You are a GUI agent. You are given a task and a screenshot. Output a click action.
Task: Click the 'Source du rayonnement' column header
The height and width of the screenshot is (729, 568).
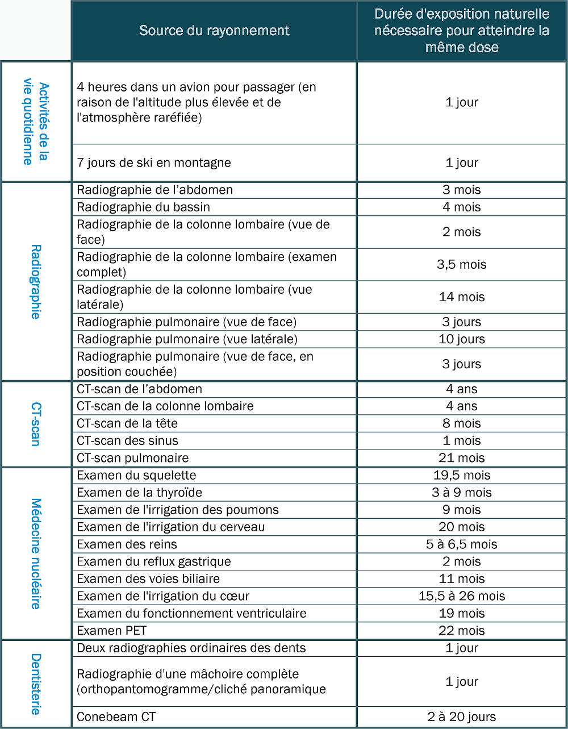pyautogui.click(x=214, y=31)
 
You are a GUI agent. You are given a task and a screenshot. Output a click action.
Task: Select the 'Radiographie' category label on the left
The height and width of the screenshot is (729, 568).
pyautogui.click(x=36, y=281)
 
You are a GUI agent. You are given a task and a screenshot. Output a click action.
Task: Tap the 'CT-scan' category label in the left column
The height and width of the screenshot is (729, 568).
pyautogui.click(x=36, y=424)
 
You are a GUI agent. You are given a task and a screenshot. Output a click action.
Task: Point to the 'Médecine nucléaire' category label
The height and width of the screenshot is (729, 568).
pyautogui.click(x=36, y=553)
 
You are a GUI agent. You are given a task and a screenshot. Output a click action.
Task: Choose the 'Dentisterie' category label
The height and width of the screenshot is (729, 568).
pyautogui.click(x=36, y=684)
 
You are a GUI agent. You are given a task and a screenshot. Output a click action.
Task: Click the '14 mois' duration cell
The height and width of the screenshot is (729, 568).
pyautogui.click(x=461, y=297)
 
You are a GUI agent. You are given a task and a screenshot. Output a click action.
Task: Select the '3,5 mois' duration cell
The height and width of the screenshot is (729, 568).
pyautogui.click(x=461, y=264)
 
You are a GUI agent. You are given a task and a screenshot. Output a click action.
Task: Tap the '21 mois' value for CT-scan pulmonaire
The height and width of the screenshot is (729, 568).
pyautogui.click(x=461, y=458)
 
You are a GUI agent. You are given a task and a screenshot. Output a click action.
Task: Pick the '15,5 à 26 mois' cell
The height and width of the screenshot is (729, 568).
pyautogui.click(x=461, y=596)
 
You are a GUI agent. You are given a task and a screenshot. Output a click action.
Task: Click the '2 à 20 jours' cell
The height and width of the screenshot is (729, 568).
pyautogui.click(x=461, y=717)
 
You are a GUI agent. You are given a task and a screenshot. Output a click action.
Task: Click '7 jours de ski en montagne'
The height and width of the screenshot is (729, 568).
pyautogui.click(x=154, y=163)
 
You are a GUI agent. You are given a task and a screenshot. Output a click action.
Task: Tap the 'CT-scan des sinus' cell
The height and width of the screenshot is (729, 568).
pyautogui.click(x=128, y=441)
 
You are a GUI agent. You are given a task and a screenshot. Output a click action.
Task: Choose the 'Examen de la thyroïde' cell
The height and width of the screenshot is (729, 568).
pyautogui.click(x=140, y=493)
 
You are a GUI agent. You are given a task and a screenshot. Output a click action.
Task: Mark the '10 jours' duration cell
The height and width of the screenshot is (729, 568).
pyautogui.click(x=461, y=339)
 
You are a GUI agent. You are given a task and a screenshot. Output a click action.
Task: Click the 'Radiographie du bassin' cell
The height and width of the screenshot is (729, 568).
pyautogui.click(x=144, y=207)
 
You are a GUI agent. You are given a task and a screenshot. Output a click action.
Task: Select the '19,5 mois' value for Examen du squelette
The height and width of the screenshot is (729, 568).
pyautogui.click(x=461, y=475)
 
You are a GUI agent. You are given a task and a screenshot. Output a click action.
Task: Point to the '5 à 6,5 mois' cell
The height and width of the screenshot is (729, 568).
pyautogui.click(x=461, y=544)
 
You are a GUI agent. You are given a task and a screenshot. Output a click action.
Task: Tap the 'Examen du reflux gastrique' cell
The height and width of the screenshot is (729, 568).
pyautogui.click(x=154, y=561)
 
